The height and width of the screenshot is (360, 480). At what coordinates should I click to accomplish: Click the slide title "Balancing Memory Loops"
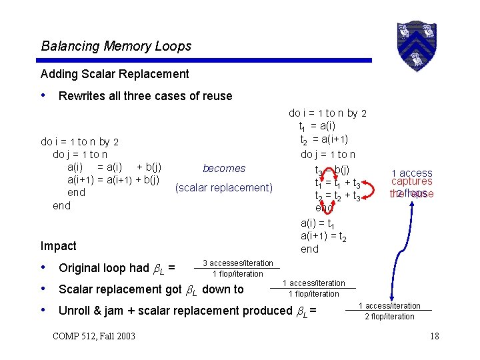[x=116, y=46]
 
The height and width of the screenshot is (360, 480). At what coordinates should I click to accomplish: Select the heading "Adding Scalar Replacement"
[x=115, y=74]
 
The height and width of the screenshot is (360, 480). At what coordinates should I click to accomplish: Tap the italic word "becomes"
[x=224, y=169]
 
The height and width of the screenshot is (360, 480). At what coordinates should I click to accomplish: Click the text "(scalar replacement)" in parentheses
[x=224, y=188]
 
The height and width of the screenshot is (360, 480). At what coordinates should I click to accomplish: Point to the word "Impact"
[x=59, y=246]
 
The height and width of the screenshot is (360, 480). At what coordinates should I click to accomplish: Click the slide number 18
[x=434, y=336]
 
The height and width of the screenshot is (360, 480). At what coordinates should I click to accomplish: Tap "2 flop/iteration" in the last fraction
[x=389, y=317]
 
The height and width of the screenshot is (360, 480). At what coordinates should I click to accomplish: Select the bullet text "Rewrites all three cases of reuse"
[x=145, y=96]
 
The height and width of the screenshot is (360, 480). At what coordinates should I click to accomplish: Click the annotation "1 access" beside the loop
[x=411, y=173]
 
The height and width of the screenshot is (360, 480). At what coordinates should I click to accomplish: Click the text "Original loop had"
[x=103, y=268]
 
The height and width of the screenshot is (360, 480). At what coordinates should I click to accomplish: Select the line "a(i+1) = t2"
[x=323, y=236]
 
